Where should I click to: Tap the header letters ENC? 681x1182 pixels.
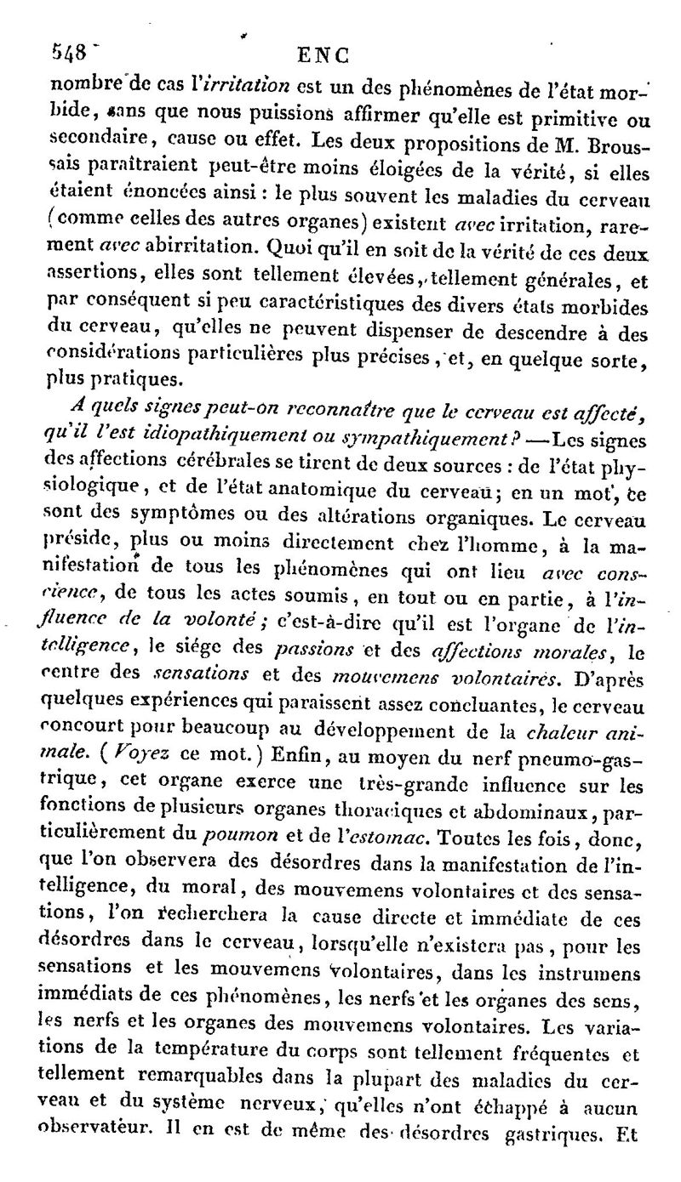(x=323, y=56)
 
